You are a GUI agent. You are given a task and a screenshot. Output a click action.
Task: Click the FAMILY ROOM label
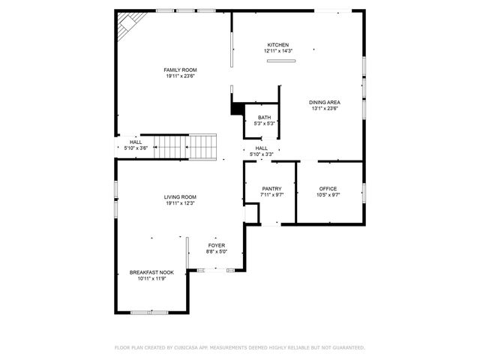click(x=175, y=70)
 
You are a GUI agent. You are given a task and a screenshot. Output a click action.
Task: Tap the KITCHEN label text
click(x=277, y=45)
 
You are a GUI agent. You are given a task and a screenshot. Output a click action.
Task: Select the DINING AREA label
click(x=325, y=102)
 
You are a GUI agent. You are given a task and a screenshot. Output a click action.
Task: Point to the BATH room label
click(x=264, y=117)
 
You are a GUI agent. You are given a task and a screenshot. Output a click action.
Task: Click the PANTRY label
click(x=271, y=188)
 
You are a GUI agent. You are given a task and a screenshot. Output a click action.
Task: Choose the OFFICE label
click(x=328, y=188)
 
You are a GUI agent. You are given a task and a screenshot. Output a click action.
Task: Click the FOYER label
click(x=216, y=245)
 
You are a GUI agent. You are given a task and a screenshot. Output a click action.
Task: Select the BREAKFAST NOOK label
click(x=147, y=272)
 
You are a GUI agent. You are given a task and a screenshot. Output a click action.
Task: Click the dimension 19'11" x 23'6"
click(x=175, y=76)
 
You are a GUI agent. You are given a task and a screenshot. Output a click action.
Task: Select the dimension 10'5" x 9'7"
click(x=328, y=194)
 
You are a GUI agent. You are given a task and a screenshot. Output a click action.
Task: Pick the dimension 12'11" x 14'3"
click(x=277, y=51)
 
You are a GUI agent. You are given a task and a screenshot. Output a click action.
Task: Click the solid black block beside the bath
click(x=237, y=109)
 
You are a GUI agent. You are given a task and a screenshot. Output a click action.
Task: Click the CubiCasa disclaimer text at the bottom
click(x=239, y=348)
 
